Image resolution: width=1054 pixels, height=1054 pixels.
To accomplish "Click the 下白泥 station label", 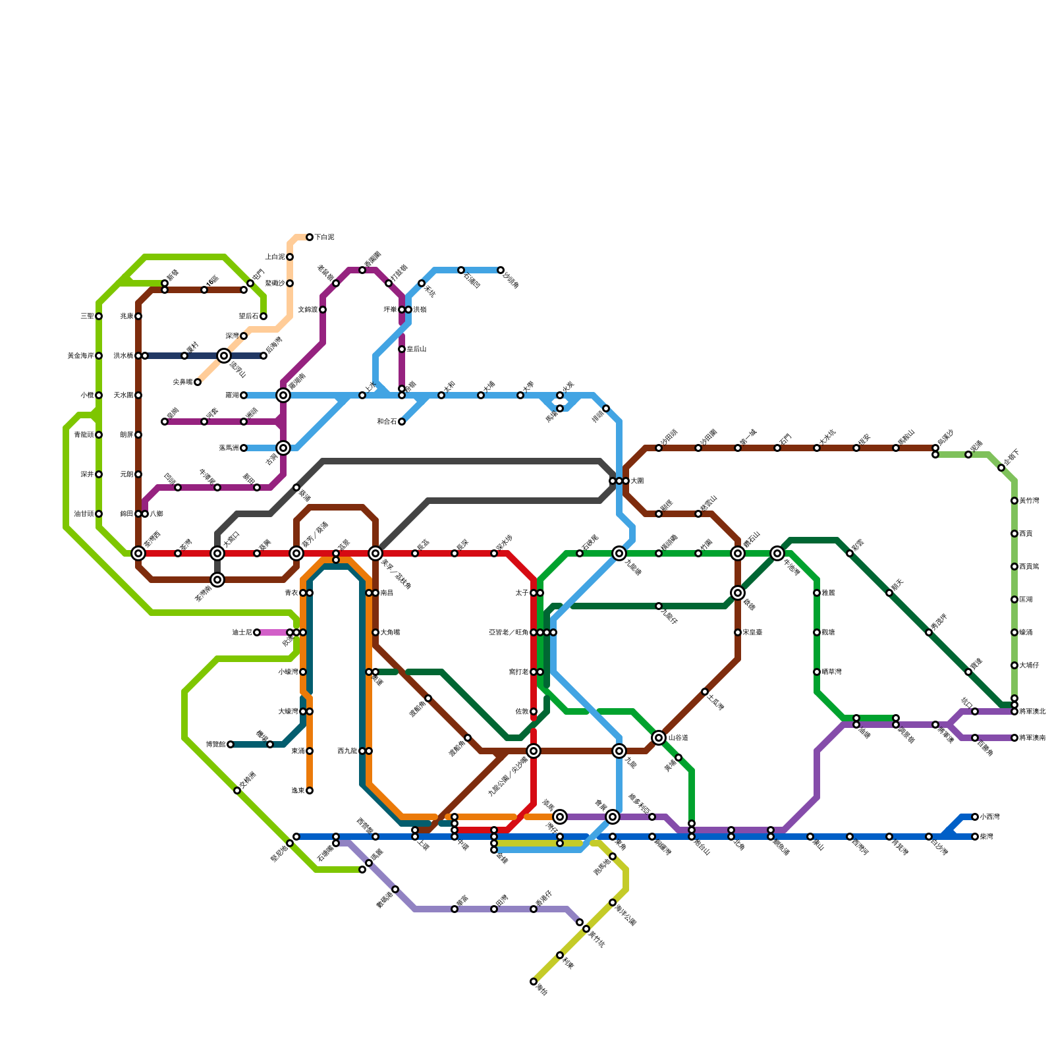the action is tap(324, 237).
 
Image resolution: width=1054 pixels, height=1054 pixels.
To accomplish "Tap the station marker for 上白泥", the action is tap(290, 257).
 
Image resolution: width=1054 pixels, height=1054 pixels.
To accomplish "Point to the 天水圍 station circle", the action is tap(138, 395).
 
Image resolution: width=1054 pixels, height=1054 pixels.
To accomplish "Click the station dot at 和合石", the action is tap(402, 422).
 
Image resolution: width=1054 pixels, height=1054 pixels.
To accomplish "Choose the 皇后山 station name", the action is tap(416, 349).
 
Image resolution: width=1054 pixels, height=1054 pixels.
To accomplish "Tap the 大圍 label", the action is tap(637, 481).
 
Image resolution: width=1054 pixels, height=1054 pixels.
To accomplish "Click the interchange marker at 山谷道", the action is tap(659, 737).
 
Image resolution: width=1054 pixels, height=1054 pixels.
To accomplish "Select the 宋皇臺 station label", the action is tap(752, 632).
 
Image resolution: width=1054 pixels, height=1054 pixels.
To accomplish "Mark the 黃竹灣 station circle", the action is tap(1014, 501).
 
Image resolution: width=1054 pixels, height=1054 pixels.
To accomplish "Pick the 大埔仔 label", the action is tap(1029, 665).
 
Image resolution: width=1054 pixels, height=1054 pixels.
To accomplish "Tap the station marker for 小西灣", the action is tap(975, 817).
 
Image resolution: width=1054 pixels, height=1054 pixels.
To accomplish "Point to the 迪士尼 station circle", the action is tap(257, 632).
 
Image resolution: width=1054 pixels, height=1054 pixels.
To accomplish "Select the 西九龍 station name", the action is tap(347, 751).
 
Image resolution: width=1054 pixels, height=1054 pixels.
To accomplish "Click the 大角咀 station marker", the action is tap(375, 632).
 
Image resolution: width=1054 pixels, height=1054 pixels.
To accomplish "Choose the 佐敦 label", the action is tap(521, 711).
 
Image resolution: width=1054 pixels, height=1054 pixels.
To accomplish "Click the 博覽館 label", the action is tap(216, 744).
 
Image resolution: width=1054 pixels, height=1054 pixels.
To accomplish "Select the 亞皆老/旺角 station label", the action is tap(509, 632).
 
